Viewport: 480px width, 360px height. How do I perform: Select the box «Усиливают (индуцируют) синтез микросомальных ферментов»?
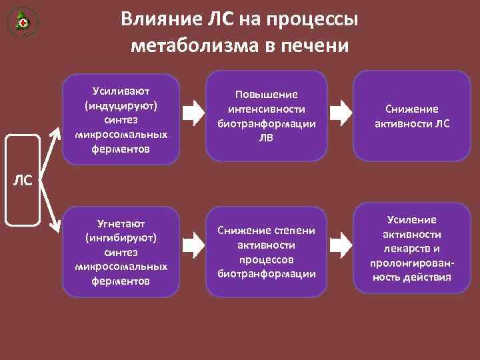[x=121, y=119]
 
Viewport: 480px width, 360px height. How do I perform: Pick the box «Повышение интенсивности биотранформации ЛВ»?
[x=267, y=116]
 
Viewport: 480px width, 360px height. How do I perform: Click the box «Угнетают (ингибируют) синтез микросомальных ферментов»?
[x=121, y=251]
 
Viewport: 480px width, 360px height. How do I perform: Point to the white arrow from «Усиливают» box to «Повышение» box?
[x=194, y=113]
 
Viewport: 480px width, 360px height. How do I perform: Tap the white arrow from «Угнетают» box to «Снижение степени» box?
[x=194, y=247]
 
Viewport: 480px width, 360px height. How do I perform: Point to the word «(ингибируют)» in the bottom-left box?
[x=121, y=237]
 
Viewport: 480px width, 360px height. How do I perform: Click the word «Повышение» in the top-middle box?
[x=267, y=95]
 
